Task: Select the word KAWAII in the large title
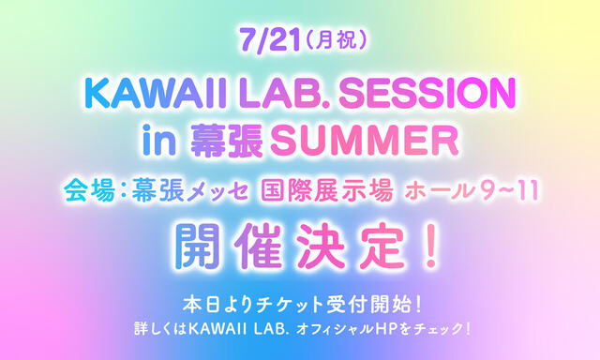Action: tap(142, 94)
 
